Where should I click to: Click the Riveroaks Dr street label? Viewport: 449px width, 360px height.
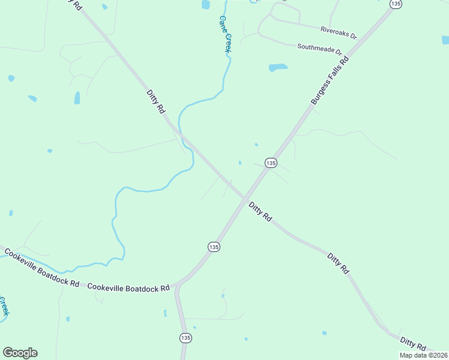point(338,32)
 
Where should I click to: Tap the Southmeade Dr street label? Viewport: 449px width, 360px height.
point(319,48)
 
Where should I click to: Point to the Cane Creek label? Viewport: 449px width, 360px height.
point(224,35)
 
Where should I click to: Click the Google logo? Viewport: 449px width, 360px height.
point(20,353)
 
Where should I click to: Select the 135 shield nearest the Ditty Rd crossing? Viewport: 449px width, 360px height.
point(271,163)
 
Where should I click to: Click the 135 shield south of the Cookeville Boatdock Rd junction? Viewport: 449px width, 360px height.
point(185,338)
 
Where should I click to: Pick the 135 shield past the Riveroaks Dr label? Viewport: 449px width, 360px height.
point(395,4)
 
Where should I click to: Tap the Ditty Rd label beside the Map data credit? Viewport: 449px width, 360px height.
point(413,343)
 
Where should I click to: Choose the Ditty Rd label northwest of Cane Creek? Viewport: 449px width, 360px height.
point(155,101)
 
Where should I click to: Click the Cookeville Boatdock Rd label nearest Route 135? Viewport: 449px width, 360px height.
point(128,288)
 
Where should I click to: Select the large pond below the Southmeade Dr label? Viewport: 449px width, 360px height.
point(278,67)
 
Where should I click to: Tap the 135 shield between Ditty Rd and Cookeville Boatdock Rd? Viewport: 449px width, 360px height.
point(214,247)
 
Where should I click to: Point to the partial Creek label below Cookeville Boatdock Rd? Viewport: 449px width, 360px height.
point(4,306)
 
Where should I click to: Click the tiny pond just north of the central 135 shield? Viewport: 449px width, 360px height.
point(256,145)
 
